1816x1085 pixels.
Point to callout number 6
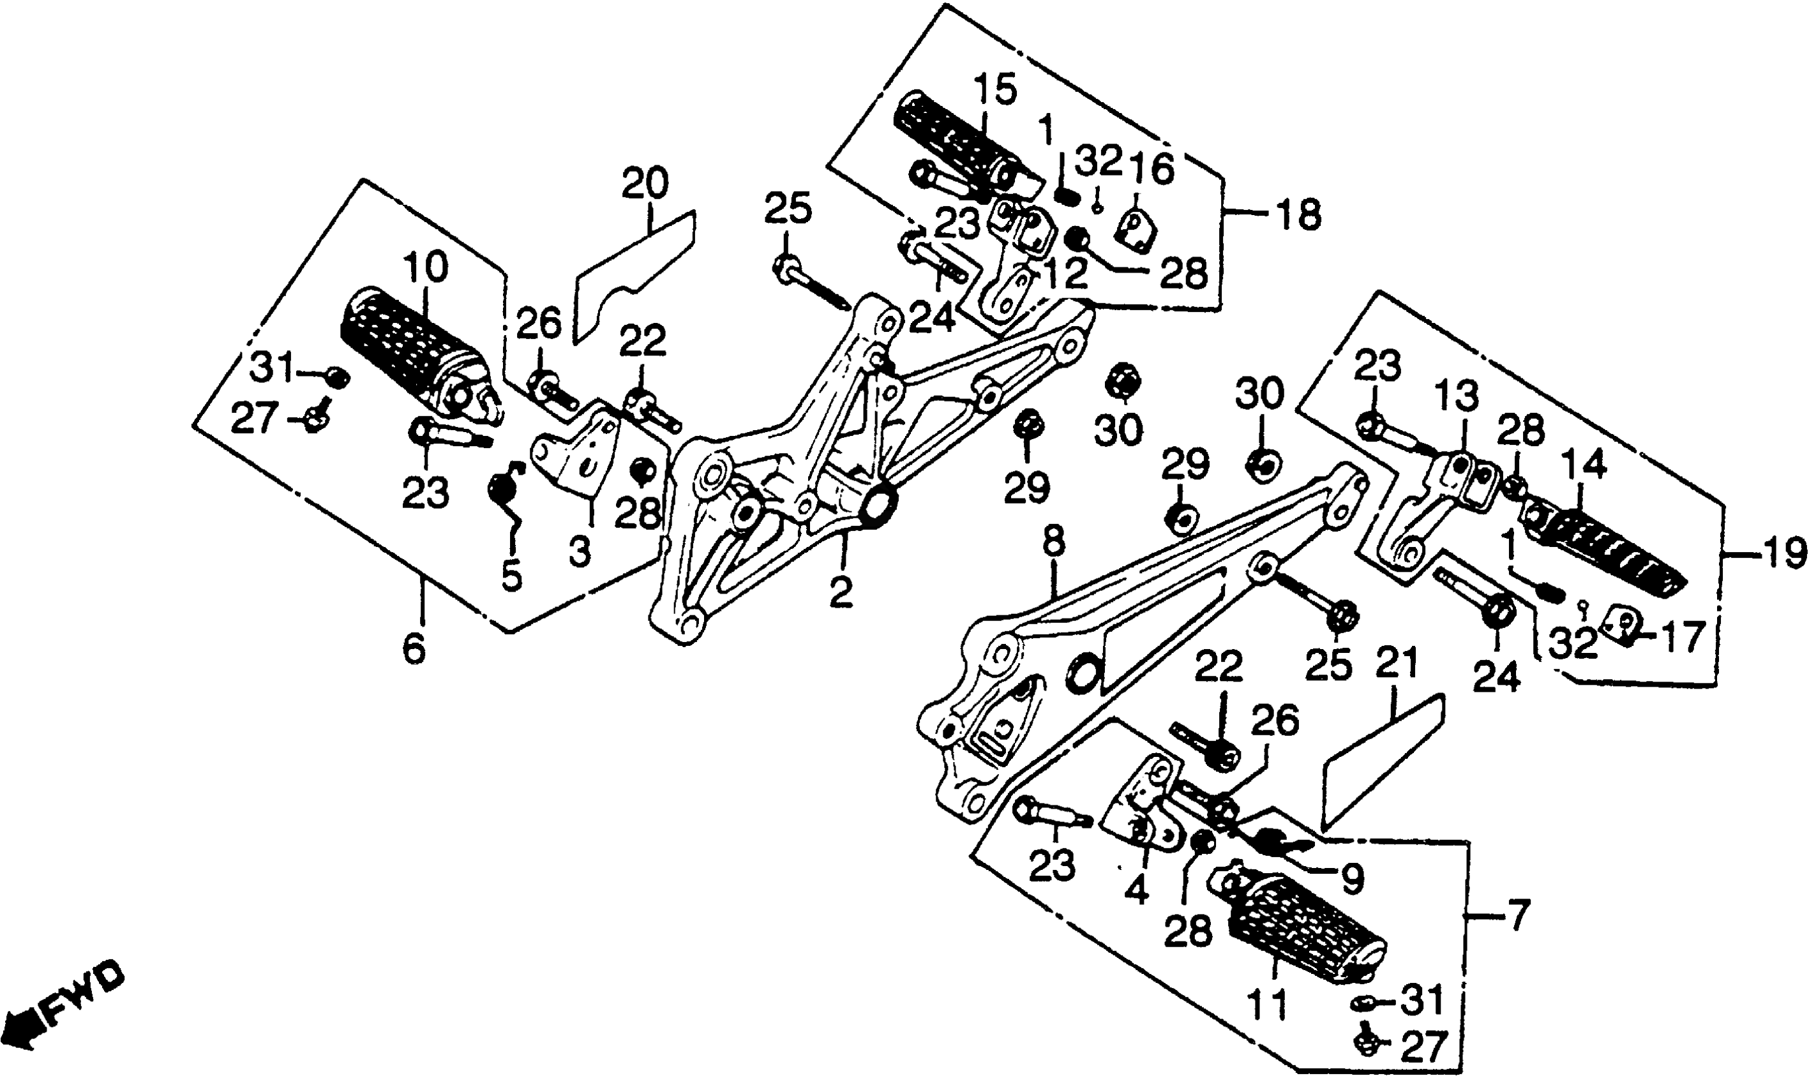414,648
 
